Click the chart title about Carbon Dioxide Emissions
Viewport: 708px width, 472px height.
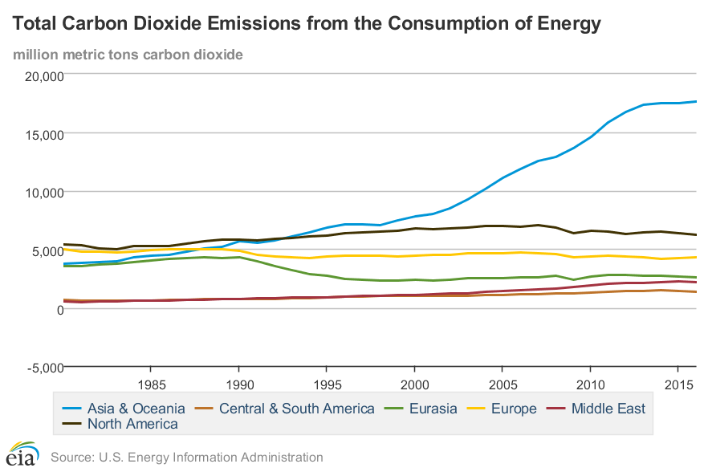(x=306, y=25)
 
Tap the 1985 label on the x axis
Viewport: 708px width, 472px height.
(x=151, y=382)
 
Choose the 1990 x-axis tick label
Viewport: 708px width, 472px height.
(x=238, y=382)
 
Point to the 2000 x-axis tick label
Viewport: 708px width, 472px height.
(x=414, y=382)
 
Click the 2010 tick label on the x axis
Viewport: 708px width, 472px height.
(x=590, y=382)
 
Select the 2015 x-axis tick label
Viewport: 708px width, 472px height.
(x=678, y=382)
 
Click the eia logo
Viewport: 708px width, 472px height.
(x=22, y=455)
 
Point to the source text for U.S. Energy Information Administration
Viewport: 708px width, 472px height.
(x=186, y=458)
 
